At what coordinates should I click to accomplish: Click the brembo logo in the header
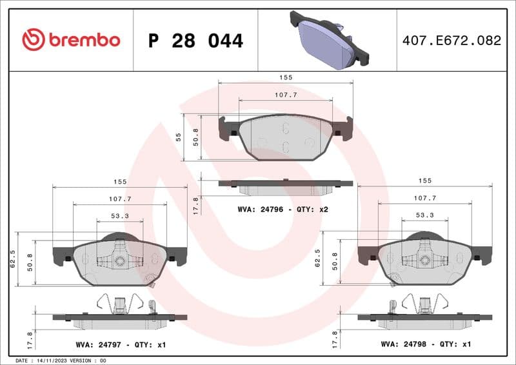point(71,40)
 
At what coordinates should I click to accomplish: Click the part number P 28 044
point(195,41)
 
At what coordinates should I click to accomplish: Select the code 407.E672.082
point(451,41)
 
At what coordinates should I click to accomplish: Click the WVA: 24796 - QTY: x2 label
point(283,209)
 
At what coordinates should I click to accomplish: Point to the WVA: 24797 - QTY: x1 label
point(120,345)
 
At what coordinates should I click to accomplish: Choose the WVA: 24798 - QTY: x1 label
point(426,345)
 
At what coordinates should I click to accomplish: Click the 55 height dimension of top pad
point(178,137)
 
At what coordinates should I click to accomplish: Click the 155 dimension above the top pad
point(286,77)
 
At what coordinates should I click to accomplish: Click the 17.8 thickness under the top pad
point(196,205)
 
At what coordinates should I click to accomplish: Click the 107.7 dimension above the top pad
point(286,95)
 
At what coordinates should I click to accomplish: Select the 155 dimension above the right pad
point(424,181)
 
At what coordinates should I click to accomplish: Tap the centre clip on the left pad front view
point(119,261)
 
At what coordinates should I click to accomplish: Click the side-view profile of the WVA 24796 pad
point(286,186)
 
